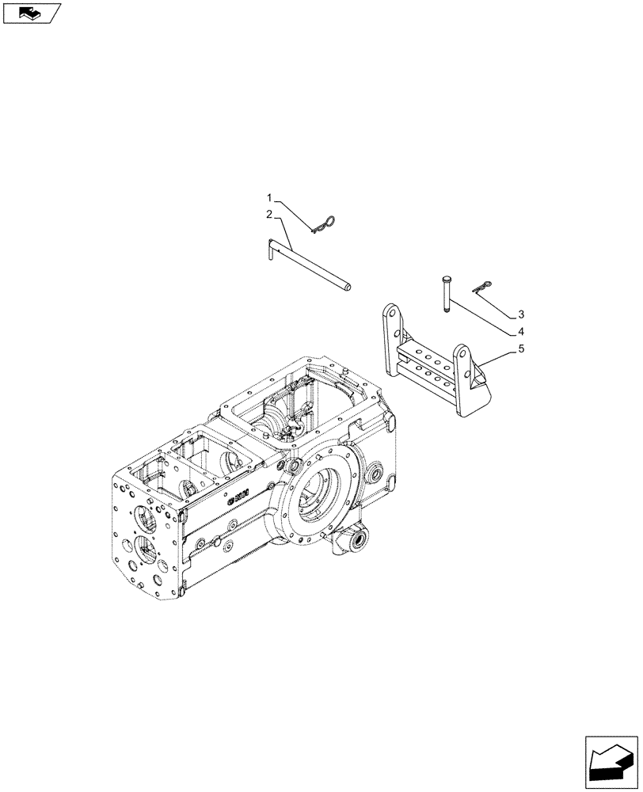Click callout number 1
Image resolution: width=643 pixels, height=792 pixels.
[269, 197]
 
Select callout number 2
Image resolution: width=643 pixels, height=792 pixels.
[269, 215]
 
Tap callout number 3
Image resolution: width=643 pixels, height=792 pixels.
[520, 313]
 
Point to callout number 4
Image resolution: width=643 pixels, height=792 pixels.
[520, 330]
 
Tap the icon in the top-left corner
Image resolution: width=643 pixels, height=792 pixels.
[31, 13]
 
